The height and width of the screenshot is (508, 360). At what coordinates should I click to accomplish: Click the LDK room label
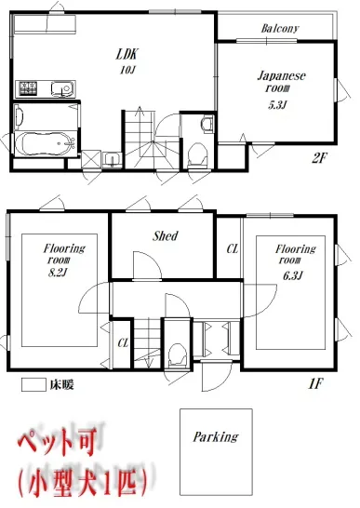tap(127, 54)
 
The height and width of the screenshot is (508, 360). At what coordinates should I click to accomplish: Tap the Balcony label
tap(280, 29)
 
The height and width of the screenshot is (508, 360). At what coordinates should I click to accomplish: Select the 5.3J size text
tap(277, 105)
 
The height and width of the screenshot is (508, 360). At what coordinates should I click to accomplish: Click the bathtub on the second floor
tap(45, 144)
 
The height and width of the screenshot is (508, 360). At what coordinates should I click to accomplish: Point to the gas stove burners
tap(28, 87)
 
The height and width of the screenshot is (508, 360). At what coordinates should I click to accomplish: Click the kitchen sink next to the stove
tap(63, 88)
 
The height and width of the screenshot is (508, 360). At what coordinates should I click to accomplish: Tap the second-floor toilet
tap(197, 154)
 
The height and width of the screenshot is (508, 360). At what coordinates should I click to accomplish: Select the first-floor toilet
tap(178, 355)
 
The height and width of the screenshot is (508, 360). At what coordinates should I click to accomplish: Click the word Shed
tap(166, 236)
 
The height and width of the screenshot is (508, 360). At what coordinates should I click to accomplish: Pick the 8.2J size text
tap(58, 273)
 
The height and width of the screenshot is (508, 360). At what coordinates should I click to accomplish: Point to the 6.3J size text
tap(293, 275)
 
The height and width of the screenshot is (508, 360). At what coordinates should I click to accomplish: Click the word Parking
tap(216, 437)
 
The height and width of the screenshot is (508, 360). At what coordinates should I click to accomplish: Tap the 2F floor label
tap(319, 158)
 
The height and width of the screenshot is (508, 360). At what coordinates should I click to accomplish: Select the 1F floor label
tap(315, 384)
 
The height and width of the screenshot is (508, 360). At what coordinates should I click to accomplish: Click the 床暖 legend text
tap(61, 385)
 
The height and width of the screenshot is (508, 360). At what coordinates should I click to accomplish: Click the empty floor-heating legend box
tap(33, 385)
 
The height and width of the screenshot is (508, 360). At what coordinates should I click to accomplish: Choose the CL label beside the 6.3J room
tap(233, 248)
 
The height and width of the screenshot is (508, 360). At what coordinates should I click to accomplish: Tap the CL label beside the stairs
tap(123, 342)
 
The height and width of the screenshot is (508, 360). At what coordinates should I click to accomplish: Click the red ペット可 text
tap(57, 442)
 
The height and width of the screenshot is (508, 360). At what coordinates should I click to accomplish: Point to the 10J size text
tap(127, 70)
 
